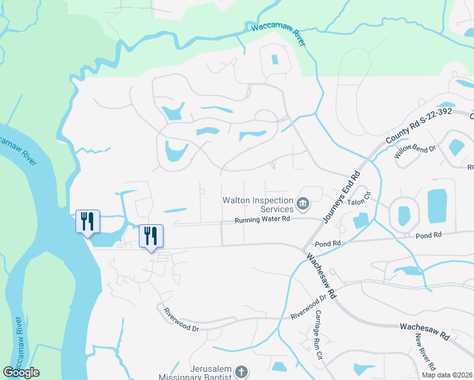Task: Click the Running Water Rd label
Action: [x=262, y=219]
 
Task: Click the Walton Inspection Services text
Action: [x=257, y=205]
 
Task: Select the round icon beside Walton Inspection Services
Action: [x=304, y=204]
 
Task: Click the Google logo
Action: [x=21, y=372]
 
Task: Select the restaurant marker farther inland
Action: [x=151, y=236]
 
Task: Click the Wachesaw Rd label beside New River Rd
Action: [x=425, y=331]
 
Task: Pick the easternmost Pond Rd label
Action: [x=428, y=236]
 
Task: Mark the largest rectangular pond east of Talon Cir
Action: [x=437, y=206]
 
